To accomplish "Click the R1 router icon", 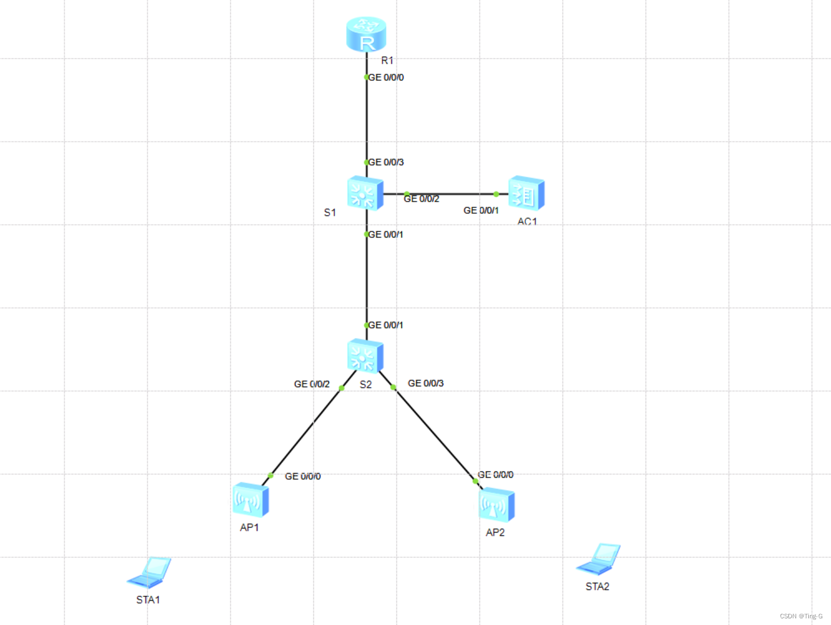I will click(365, 34).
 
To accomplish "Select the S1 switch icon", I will click(365, 193).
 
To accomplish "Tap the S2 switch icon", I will click(365, 356).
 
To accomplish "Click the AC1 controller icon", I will click(526, 193).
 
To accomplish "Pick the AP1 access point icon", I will click(250, 499).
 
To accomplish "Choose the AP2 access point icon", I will click(496, 505).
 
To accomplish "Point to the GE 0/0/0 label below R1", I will click(386, 78).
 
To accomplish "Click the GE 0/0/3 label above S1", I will click(386, 162).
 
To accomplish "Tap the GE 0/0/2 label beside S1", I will click(421, 199).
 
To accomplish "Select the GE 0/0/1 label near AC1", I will click(481, 211).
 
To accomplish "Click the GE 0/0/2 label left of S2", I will click(312, 384).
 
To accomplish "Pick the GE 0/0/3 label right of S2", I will click(426, 383).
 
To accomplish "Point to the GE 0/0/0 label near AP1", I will click(303, 477).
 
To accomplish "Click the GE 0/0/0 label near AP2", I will click(495, 475).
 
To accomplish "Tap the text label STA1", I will click(148, 600).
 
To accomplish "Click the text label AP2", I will click(495, 532).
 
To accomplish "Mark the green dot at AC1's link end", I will click(496, 194).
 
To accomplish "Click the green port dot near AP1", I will click(270, 475).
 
